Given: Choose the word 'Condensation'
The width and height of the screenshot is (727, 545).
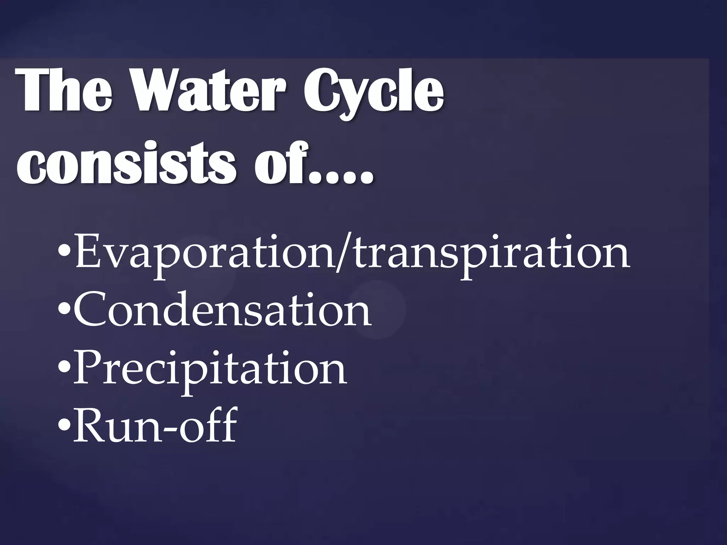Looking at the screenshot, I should coord(222,311).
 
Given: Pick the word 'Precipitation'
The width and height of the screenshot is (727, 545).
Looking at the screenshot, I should coord(209,371).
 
